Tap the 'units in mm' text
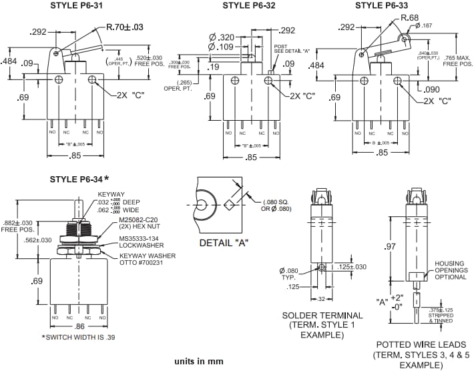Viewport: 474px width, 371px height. coord(199,361)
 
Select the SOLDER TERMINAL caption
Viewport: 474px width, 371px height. coord(322,315)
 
